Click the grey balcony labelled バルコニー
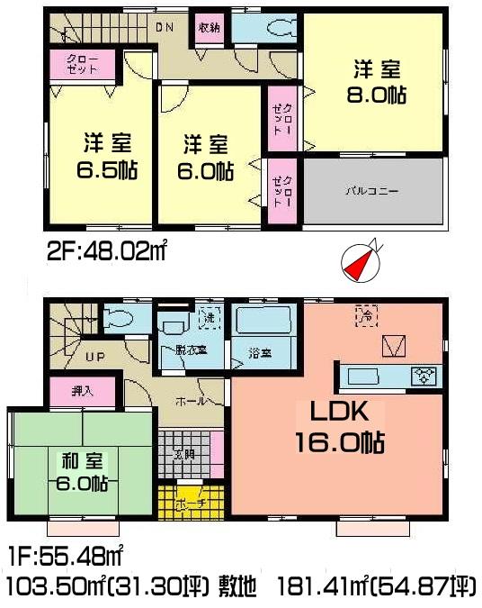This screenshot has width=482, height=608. (x=374, y=191)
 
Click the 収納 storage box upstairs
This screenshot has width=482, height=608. (x=210, y=28)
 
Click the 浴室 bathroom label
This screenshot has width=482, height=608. (x=262, y=352)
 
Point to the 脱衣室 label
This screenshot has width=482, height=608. (x=192, y=349)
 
